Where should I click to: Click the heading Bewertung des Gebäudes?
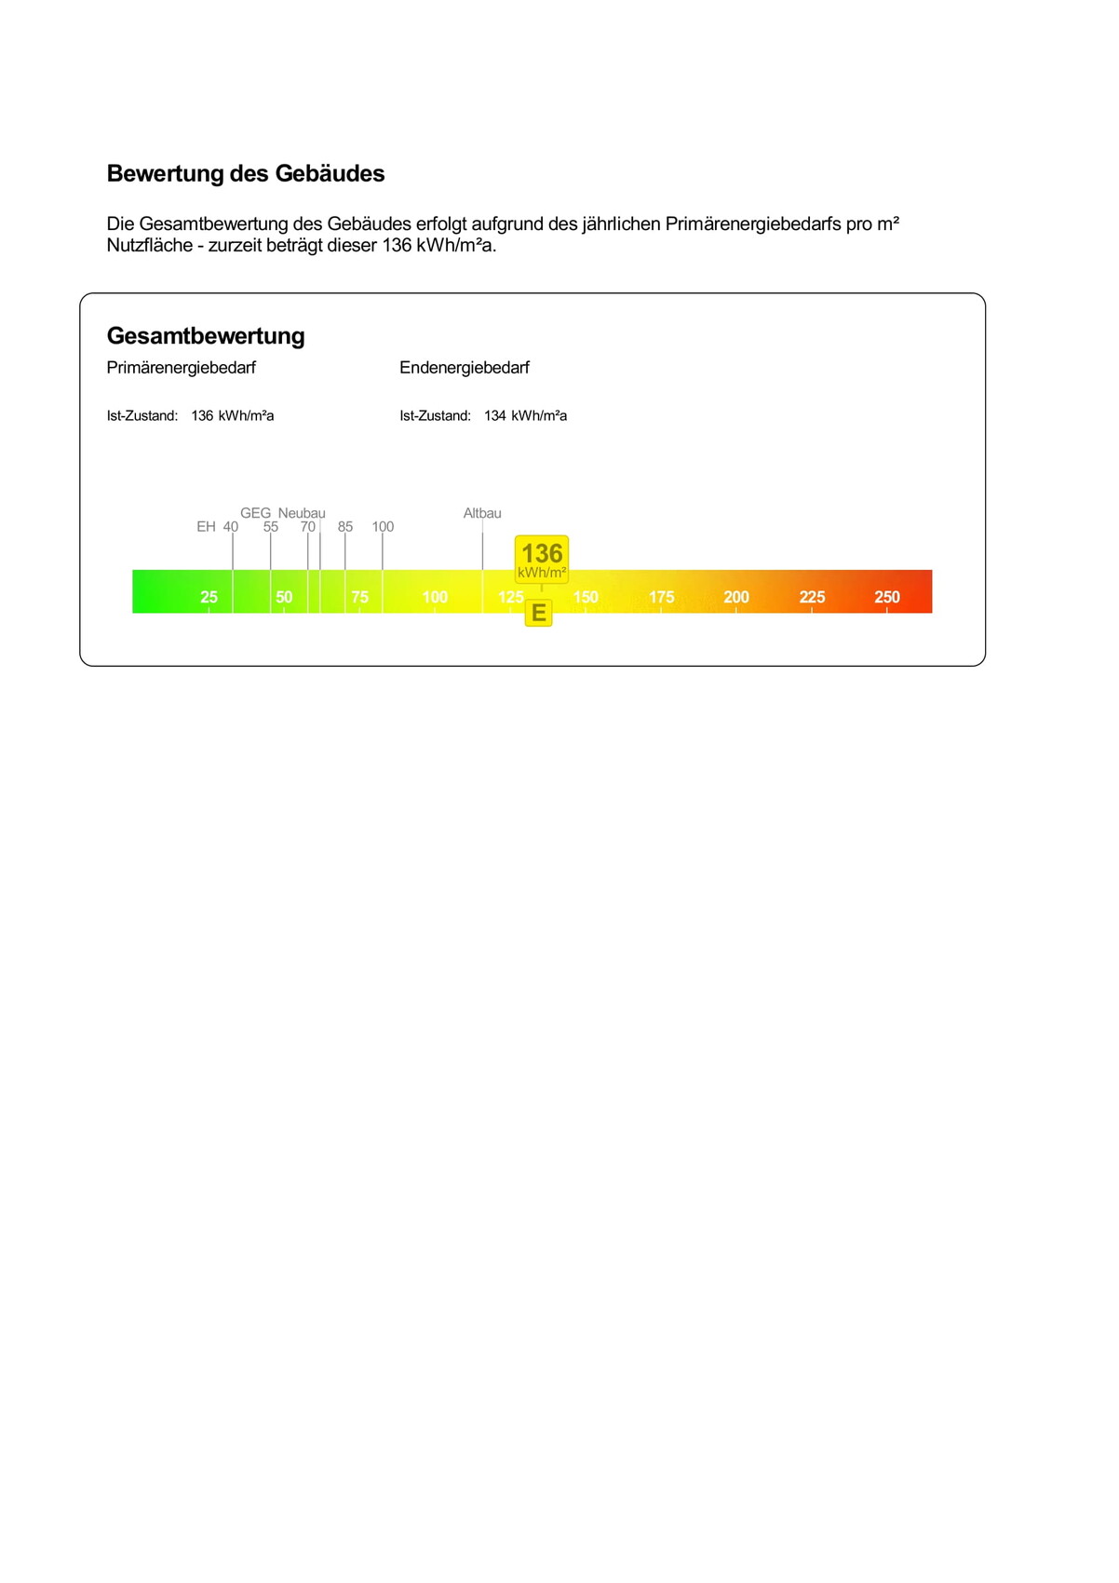(246, 174)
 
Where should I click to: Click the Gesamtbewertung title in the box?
(206, 336)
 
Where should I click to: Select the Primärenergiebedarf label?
(182, 368)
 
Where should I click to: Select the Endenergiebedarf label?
(465, 368)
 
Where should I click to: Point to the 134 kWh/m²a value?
(525, 416)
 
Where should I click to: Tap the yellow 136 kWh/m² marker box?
(542, 560)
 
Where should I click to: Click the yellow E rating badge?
(539, 614)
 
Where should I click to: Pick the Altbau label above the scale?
(482, 513)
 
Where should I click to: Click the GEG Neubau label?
(283, 513)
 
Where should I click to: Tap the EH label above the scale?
(206, 527)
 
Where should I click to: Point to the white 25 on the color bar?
(209, 597)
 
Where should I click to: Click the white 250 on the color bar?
(887, 597)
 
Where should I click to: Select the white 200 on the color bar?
(736, 597)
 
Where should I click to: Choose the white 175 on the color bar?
(661, 597)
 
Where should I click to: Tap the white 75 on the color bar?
(359, 597)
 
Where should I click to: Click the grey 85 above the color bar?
(345, 527)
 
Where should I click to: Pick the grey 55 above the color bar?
(271, 527)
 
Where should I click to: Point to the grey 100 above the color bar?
(383, 527)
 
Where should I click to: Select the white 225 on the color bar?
(812, 597)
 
